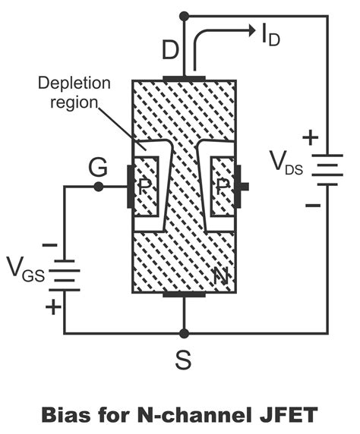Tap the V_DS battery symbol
point(327,169)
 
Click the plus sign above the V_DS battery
point(308,138)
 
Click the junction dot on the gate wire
point(98,187)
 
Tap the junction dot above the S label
point(183,333)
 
